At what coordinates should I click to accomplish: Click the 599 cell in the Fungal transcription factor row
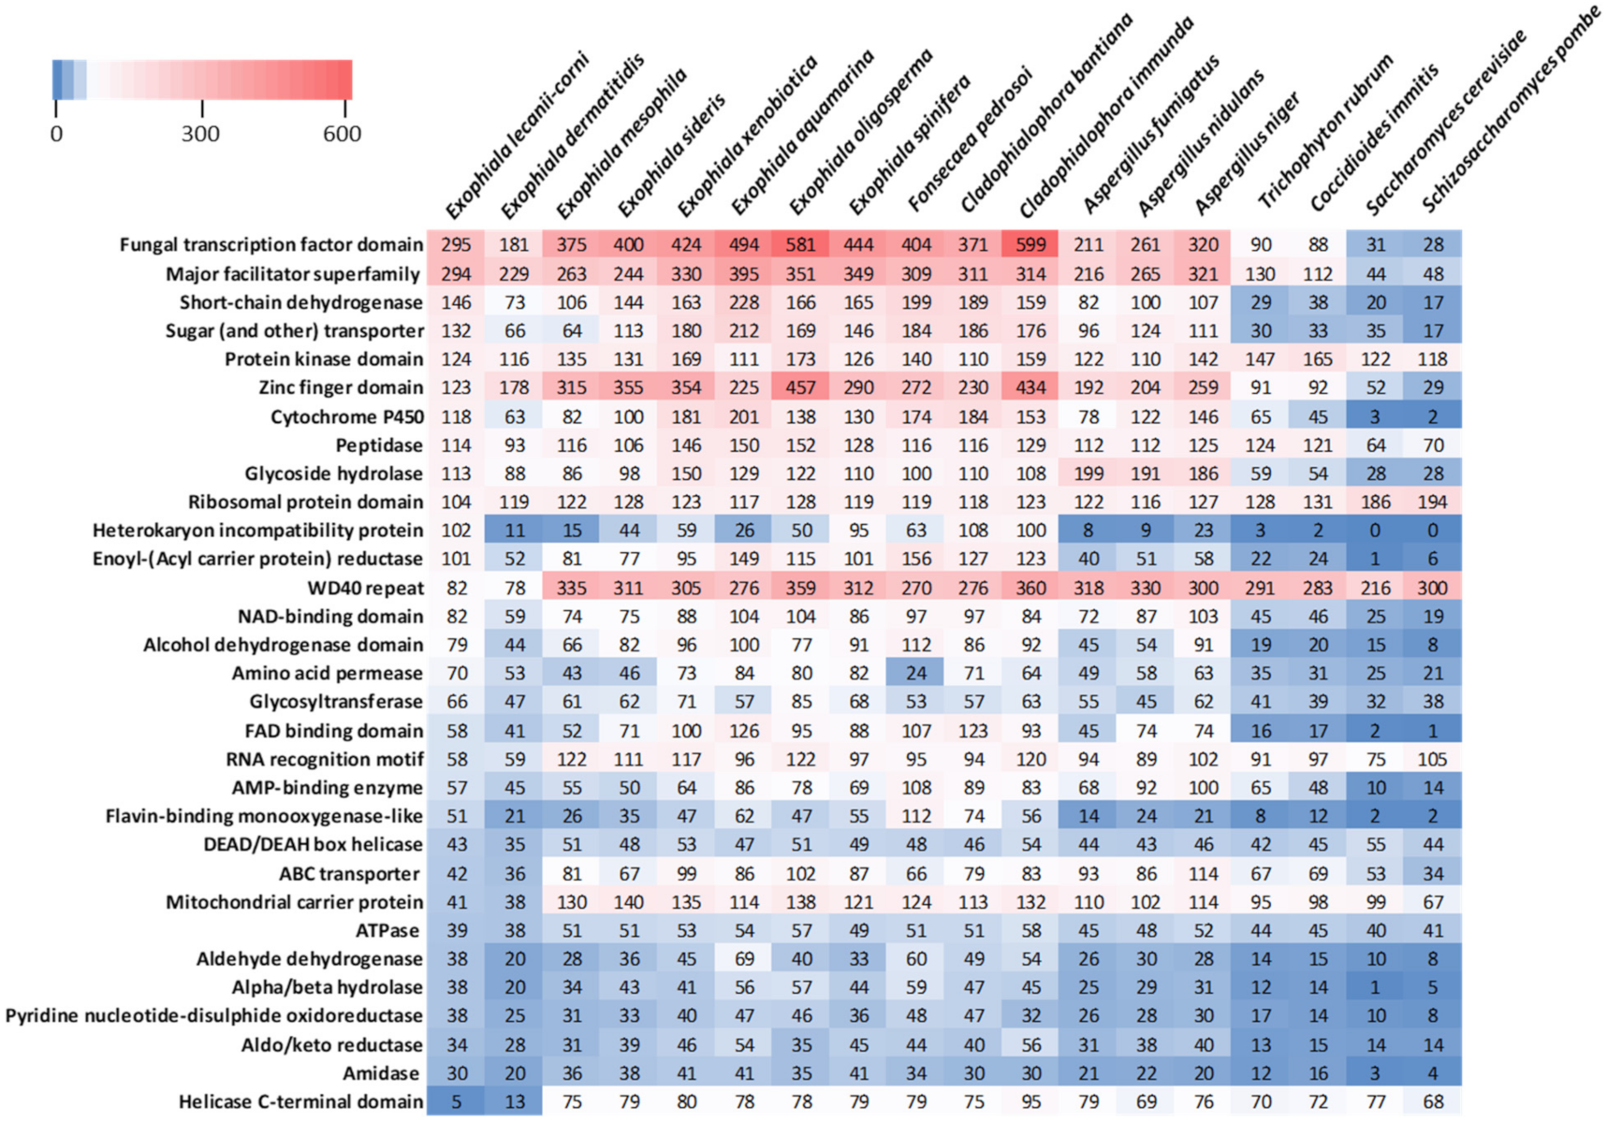coord(1030,245)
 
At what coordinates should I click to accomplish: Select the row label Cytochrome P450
coord(346,417)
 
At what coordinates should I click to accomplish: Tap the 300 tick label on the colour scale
coord(200,134)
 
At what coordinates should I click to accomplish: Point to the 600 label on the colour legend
coord(342,134)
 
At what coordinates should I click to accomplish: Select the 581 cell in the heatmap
coord(801,245)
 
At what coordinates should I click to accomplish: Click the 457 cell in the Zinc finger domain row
coord(801,387)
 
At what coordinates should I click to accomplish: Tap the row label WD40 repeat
coord(365,589)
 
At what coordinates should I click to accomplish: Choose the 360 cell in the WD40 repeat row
coord(1030,589)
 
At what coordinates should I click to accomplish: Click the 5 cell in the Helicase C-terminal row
coord(457,1102)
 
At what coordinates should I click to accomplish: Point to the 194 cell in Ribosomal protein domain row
coord(1432,503)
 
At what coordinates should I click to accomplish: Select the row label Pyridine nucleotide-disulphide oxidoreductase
coord(214,1016)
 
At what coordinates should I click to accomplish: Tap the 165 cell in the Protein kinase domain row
coord(1317,359)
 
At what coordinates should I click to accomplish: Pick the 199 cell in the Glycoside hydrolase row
coord(1088,474)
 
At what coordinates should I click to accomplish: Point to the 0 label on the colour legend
coord(57,134)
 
